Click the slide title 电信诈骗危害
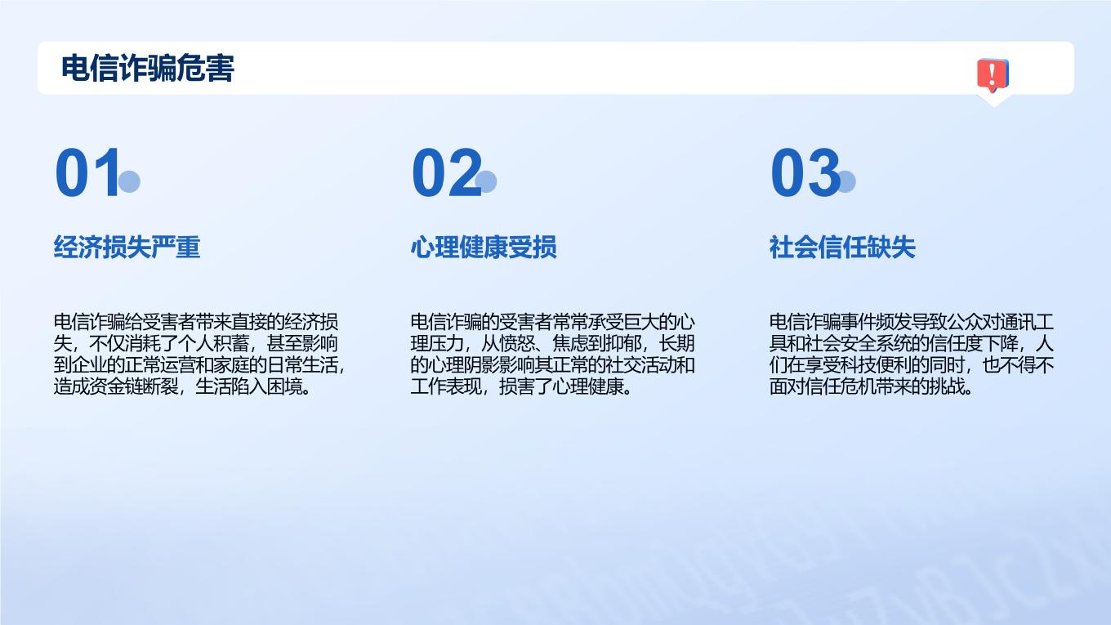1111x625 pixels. pos(147,68)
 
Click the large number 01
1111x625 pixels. pos(87,172)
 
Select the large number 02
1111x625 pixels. pos(447,172)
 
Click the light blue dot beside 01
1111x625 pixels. pos(129,181)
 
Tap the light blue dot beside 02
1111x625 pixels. pos(486,181)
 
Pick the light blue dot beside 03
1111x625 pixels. pos(846,181)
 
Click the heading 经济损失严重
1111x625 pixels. pos(127,247)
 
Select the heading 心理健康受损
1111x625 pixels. pos(484,247)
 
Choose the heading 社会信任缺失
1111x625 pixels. pos(842,247)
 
